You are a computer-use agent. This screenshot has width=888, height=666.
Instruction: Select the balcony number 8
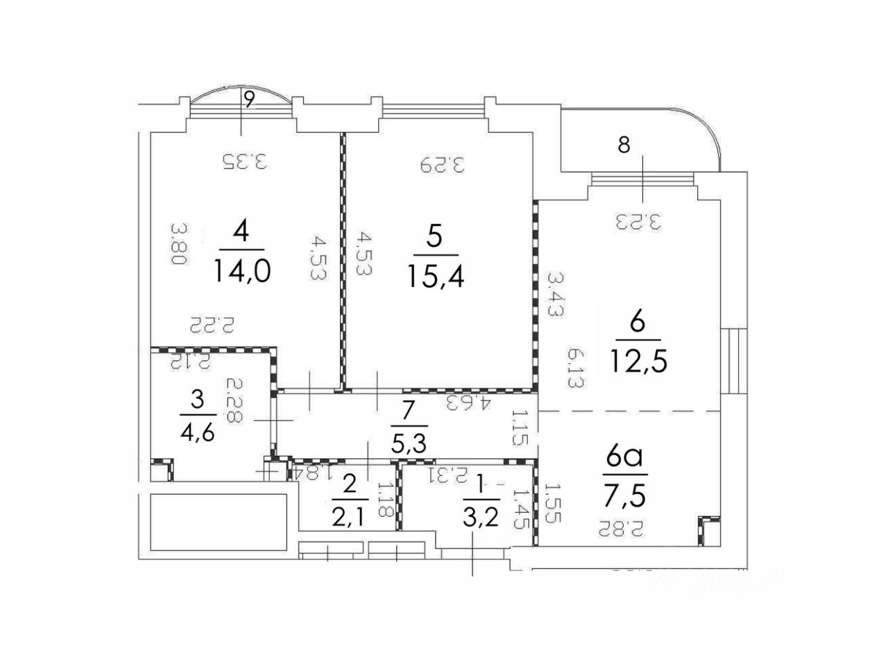(624, 146)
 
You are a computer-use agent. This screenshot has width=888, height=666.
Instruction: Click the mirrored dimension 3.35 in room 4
(244, 161)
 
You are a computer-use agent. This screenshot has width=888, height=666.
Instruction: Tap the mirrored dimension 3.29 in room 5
(441, 164)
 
